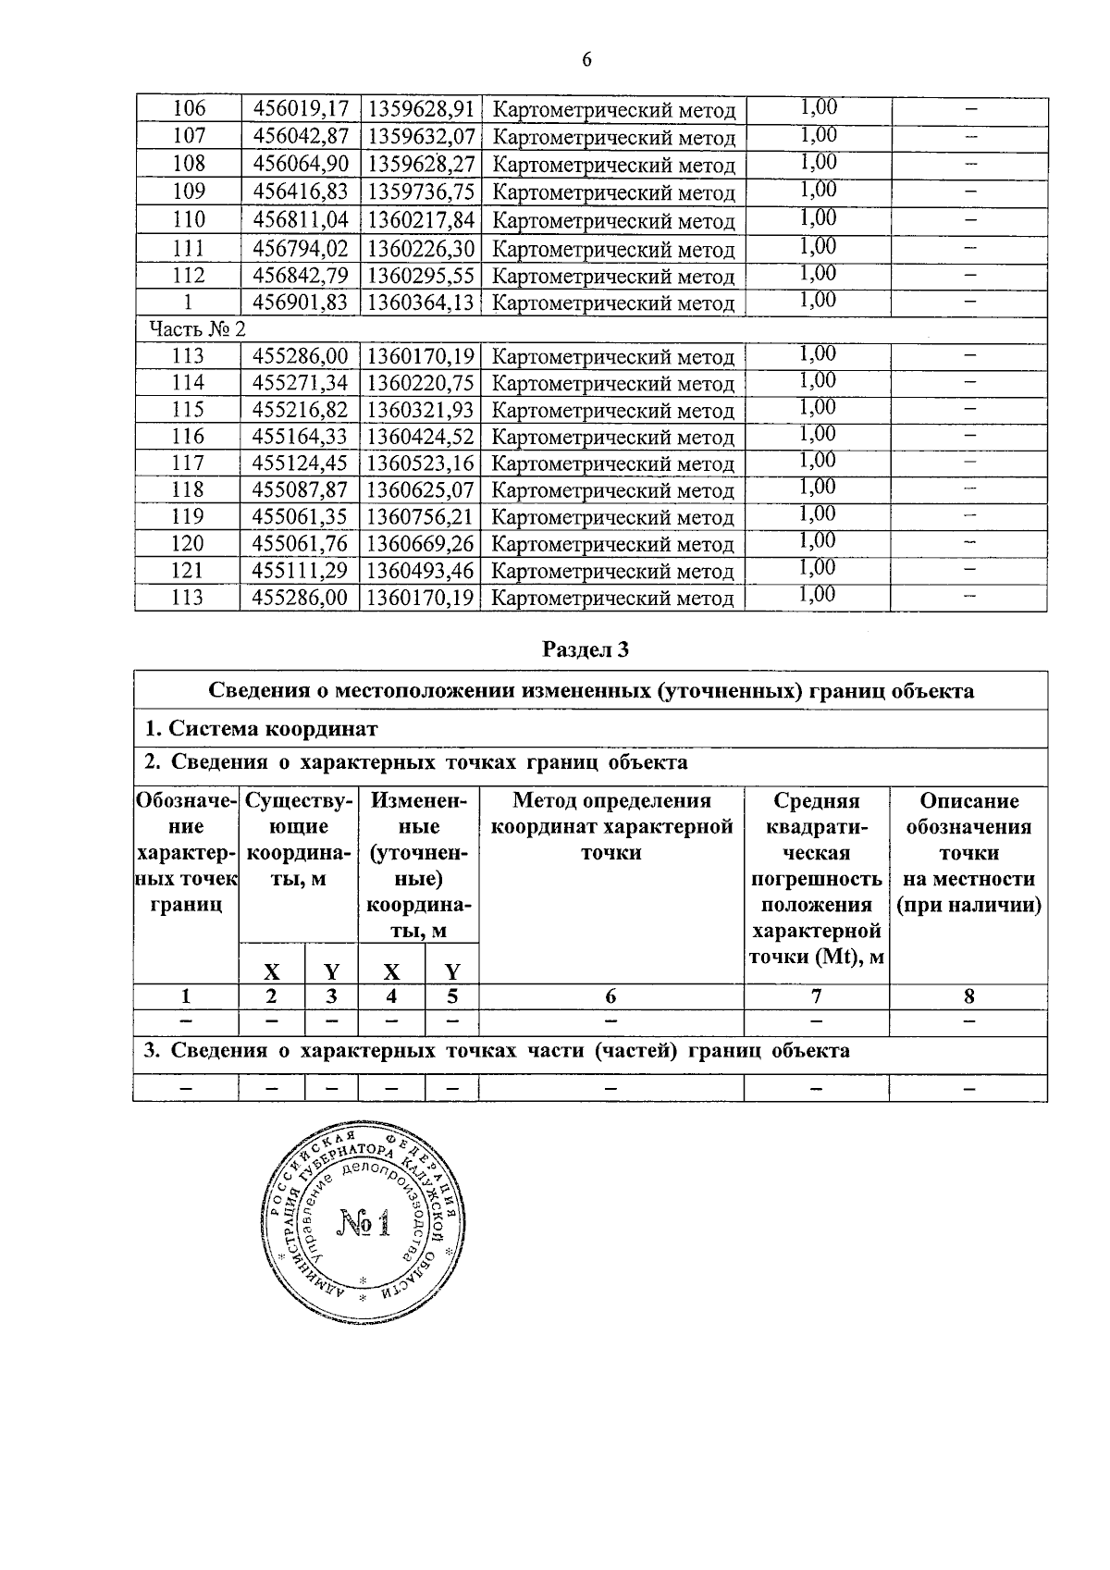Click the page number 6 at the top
[x=586, y=60]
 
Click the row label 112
[x=189, y=276]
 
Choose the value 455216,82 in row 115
[x=300, y=410]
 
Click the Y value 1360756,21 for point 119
[x=420, y=517]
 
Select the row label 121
[x=188, y=571]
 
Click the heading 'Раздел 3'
[x=586, y=649]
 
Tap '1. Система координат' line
[x=262, y=729]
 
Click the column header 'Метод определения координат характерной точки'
[x=611, y=826]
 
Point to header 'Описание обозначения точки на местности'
[x=968, y=853]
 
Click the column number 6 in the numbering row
[x=610, y=996]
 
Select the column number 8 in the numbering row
[x=968, y=996]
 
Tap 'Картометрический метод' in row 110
[x=613, y=222]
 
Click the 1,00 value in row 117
[x=818, y=461]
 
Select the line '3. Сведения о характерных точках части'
[x=497, y=1051]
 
